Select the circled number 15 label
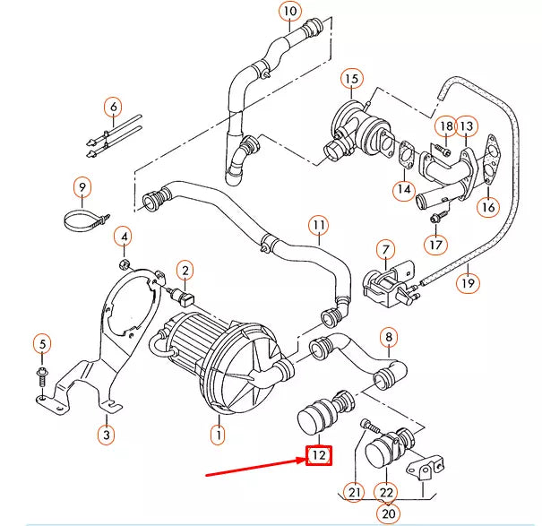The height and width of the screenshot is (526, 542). point(351,80)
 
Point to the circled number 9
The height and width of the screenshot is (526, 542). point(82,187)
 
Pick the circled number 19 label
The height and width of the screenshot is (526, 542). point(468,284)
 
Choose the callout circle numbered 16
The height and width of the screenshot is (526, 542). point(487,206)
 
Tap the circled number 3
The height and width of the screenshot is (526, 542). point(106,435)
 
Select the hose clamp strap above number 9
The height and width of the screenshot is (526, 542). point(85,218)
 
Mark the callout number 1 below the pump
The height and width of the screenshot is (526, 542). point(217,436)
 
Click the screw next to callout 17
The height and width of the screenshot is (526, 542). point(436,216)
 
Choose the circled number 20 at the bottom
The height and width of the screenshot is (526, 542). point(388,513)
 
